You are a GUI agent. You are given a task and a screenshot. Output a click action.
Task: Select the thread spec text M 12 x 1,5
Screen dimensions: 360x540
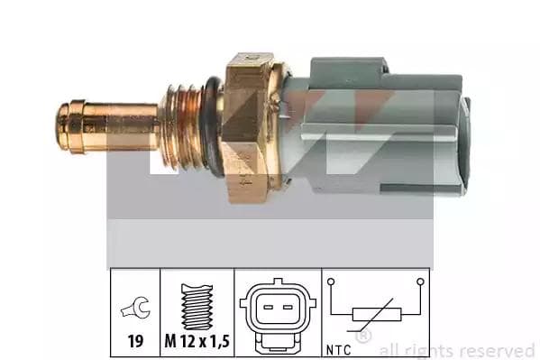click(x=197, y=343)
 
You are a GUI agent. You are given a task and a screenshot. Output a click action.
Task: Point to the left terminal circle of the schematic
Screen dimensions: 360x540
click(x=332, y=282)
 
